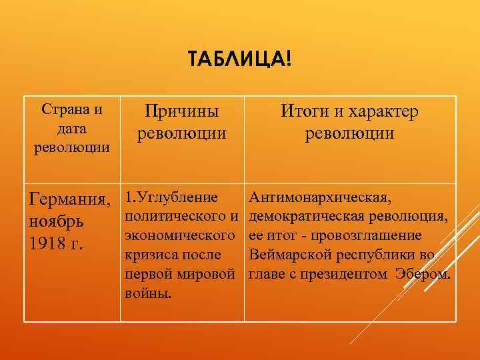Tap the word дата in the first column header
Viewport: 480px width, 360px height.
pyautogui.click(x=71, y=128)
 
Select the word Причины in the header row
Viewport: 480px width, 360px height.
pyautogui.click(x=182, y=112)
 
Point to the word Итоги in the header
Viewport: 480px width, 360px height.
pyautogui.click(x=304, y=112)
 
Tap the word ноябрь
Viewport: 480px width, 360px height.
pyautogui.click(x=55, y=221)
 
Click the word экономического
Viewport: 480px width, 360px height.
pyautogui.click(x=180, y=236)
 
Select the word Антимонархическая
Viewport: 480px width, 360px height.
pyautogui.click(x=320, y=197)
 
